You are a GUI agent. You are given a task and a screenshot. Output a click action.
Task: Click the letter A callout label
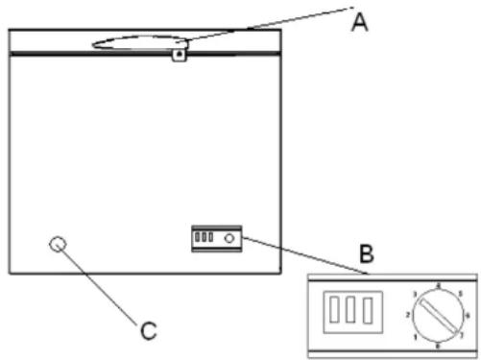tap(358, 22)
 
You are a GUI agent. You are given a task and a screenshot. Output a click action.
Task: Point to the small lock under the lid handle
tap(178, 56)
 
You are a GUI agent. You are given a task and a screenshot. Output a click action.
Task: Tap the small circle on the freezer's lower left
tap(60, 245)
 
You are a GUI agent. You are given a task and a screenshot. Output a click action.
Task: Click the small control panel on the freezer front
tap(216, 238)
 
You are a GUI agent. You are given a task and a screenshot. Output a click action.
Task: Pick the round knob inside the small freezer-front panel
tap(229, 238)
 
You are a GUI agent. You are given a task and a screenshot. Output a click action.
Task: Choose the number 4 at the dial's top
tap(438, 285)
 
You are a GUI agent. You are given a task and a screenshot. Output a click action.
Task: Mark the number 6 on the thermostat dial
tap(468, 315)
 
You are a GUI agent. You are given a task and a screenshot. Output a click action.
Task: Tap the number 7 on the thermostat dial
tap(462, 336)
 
